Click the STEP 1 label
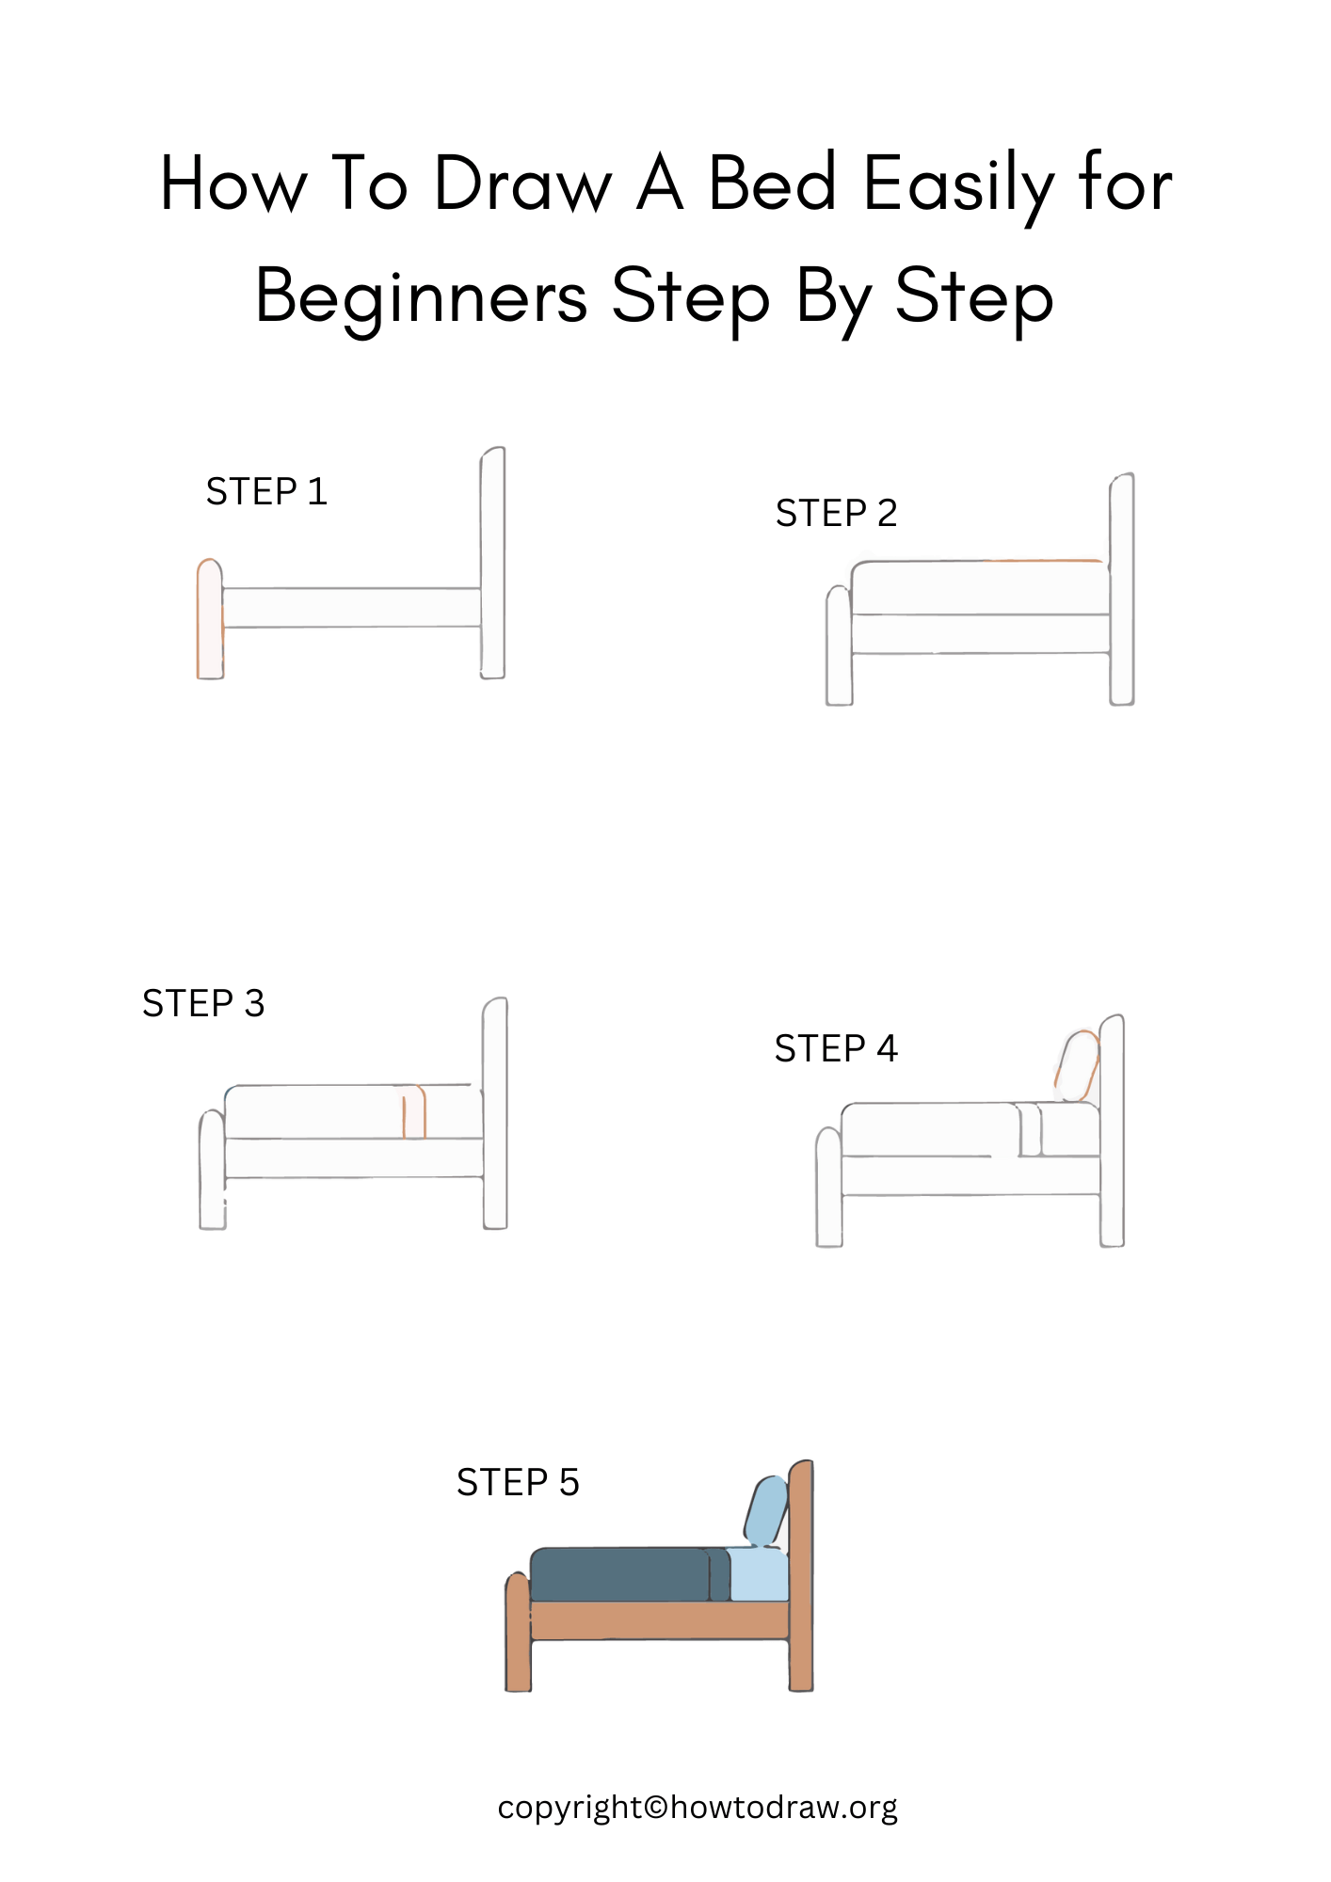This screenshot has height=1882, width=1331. (x=266, y=492)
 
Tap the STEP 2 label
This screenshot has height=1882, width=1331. (x=836, y=514)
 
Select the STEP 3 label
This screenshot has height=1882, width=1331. (x=203, y=1004)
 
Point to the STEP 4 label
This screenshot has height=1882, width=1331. (x=836, y=1049)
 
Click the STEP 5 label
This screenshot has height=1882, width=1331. (x=518, y=1483)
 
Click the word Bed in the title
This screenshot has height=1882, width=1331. (x=772, y=183)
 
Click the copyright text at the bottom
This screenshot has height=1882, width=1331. (x=698, y=1808)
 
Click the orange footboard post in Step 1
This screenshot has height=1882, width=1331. (x=209, y=621)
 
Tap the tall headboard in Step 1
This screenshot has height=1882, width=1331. (x=493, y=565)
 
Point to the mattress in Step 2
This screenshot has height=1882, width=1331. (x=979, y=589)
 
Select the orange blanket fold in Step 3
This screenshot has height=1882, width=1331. (x=414, y=1112)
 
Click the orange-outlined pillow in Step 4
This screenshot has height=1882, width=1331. (x=1078, y=1066)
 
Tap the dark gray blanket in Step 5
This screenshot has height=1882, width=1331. (x=621, y=1575)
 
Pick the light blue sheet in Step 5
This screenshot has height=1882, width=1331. (x=759, y=1576)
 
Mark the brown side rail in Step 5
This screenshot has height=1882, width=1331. (x=659, y=1620)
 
